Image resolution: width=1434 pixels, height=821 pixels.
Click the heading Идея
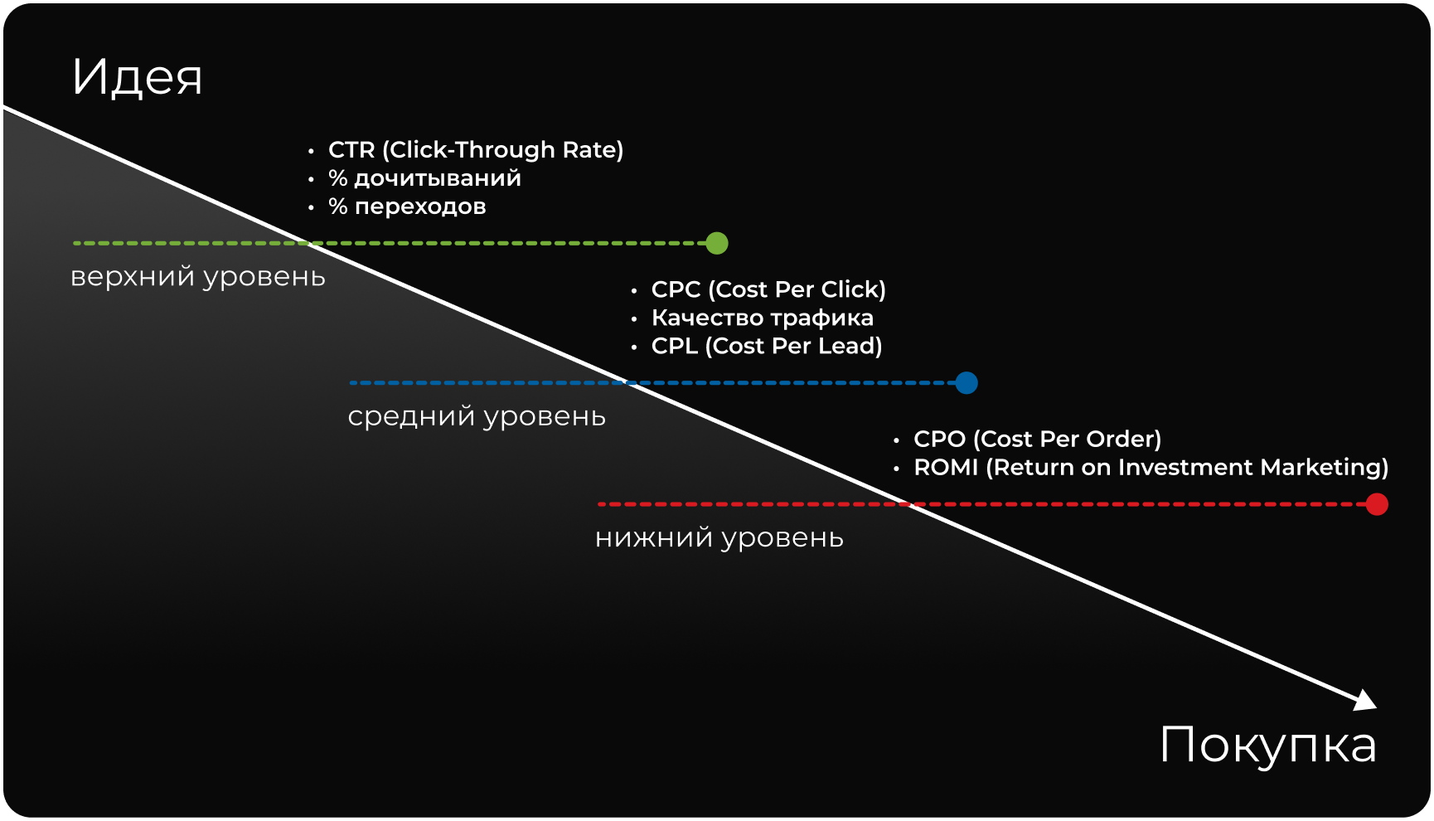(138, 77)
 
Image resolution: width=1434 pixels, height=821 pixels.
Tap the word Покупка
(1268, 746)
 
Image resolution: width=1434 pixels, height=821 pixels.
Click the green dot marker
(717, 243)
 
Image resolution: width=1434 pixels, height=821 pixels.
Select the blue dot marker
(966, 382)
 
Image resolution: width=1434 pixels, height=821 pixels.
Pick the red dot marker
(1377, 504)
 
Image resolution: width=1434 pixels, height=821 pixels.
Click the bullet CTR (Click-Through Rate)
(476, 150)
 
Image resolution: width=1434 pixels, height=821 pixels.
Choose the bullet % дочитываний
(424, 178)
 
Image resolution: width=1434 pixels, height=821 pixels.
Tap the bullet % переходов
(407, 206)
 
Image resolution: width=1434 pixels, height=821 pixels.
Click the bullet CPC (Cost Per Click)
(768, 289)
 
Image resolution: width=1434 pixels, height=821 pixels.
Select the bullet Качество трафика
(763, 318)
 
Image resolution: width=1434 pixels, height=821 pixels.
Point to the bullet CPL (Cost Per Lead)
(767, 346)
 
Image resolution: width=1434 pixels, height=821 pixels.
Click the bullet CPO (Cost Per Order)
(1038, 439)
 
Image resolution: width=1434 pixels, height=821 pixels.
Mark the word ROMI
(946, 468)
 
